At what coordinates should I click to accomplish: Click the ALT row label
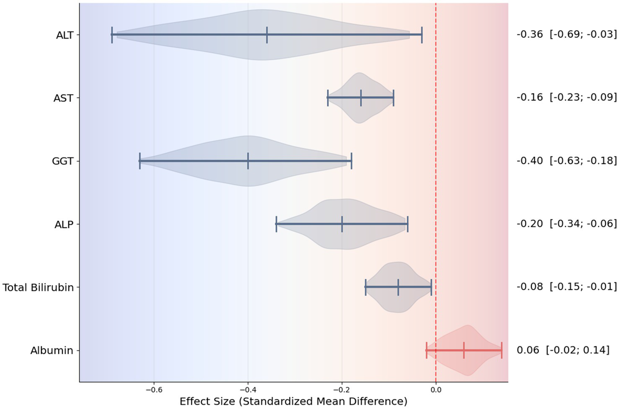(65, 35)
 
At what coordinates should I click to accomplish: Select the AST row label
(63, 98)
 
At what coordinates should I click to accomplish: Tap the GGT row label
(62, 161)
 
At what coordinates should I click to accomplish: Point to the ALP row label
(64, 225)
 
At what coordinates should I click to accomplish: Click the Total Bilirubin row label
(38, 288)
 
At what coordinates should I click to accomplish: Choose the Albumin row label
(52, 351)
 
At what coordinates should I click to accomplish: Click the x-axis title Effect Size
(293, 401)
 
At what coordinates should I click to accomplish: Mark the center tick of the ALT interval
(267, 35)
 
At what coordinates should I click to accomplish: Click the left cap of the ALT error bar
(112, 35)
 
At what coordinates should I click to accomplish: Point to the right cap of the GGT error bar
(351, 161)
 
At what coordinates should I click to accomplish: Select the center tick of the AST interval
(360, 98)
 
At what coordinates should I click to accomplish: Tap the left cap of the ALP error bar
(276, 224)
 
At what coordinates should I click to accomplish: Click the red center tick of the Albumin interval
(464, 350)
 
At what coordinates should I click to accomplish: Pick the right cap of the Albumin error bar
(501, 350)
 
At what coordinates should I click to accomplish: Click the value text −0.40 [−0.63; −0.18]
(567, 161)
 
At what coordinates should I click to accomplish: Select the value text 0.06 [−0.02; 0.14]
(563, 350)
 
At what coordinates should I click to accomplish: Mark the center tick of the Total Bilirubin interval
(398, 287)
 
